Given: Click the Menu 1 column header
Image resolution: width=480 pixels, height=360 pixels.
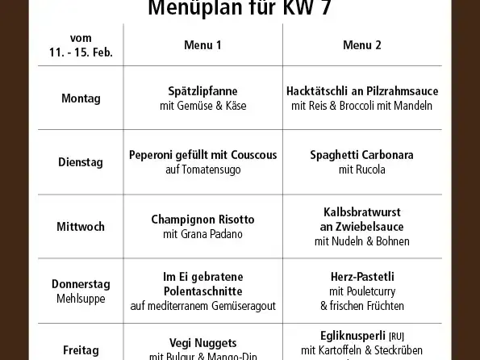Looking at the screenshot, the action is [202, 45].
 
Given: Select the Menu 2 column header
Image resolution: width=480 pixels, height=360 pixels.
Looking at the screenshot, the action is [362, 45].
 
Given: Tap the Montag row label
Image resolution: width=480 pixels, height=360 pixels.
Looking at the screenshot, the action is [81, 98].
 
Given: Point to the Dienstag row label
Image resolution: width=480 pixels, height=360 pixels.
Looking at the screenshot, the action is [81, 162].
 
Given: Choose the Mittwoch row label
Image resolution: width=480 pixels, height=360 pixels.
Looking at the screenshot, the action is [81, 227].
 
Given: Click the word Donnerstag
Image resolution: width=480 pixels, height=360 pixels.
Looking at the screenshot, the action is [81, 284].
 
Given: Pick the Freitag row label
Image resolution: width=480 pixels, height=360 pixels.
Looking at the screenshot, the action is [81, 350].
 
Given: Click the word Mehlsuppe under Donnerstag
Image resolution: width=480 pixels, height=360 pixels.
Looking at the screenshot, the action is [81, 299].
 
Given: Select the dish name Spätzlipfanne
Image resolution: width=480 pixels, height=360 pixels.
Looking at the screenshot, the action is [202, 90].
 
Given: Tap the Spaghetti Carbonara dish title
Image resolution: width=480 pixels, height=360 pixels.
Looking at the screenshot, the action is [362, 155].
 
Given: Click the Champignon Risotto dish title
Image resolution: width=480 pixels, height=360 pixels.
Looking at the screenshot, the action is [202, 220].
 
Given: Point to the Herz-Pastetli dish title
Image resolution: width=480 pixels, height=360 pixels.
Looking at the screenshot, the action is [362, 276].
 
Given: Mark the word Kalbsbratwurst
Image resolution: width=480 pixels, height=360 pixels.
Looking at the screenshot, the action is [362, 211].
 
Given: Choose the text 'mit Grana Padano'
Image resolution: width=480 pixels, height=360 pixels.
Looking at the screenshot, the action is [202, 234].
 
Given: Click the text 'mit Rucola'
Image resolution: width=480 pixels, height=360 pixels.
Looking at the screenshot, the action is [362, 170].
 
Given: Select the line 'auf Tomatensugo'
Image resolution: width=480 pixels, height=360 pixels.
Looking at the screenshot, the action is [202, 170].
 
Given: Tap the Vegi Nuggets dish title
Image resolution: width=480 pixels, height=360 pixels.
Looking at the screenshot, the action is [202, 341].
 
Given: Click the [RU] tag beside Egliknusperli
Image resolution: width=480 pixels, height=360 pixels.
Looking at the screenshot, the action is [397, 336].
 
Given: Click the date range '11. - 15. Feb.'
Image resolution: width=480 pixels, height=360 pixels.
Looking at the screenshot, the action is [81, 53].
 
